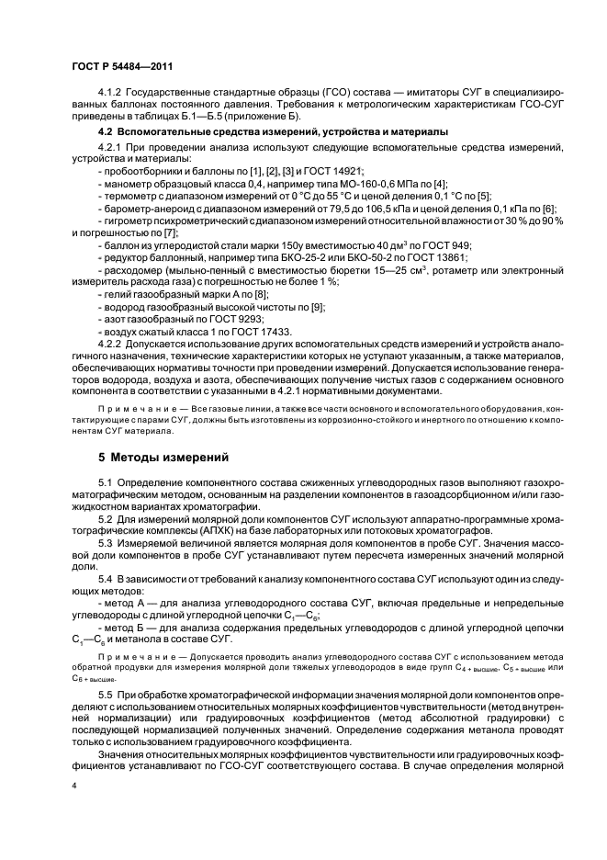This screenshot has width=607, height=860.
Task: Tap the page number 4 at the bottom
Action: tap(74, 786)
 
